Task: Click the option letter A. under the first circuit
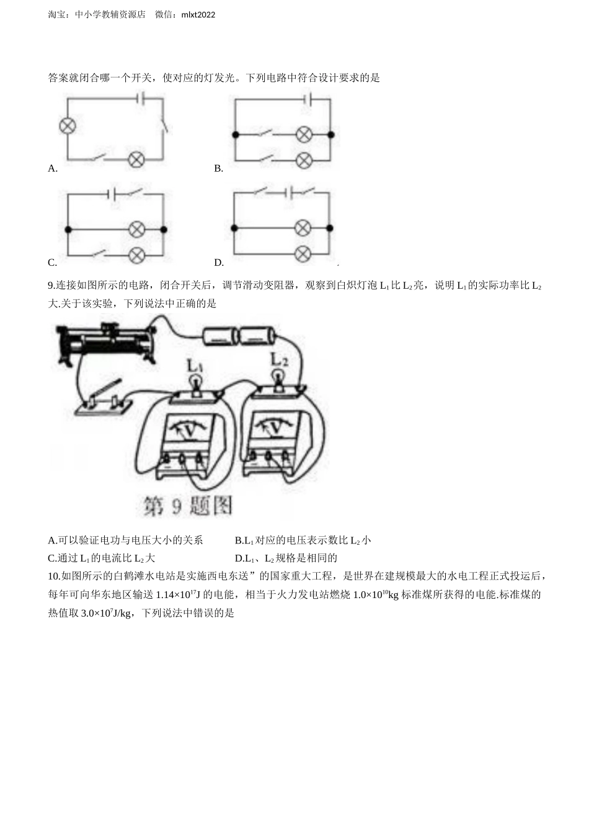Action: (x=53, y=169)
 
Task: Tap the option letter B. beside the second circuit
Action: (x=218, y=169)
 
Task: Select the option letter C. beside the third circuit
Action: (x=53, y=263)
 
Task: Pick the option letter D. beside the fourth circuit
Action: (x=219, y=263)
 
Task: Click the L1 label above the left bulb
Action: (x=195, y=366)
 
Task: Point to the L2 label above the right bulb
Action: (x=278, y=359)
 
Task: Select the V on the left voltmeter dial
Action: (x=189, y=432)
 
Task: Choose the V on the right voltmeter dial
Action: (x=276, y=429)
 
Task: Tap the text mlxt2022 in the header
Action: (x=198, y=15)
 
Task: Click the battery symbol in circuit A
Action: (x=141, y=98)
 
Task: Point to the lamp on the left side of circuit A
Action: (x=68, y=126)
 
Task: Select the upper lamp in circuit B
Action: (x=304, y=134)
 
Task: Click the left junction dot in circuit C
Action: (x=68, y=229)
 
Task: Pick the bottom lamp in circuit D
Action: (x=303, y=254)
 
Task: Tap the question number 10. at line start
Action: (x=55, y=576)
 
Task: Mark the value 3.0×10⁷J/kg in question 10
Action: (x=105, y=613)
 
